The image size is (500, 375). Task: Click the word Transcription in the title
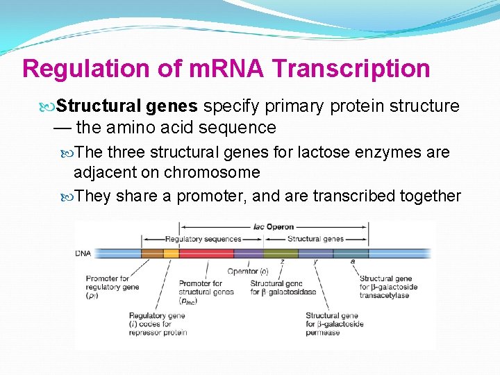click(351, 69)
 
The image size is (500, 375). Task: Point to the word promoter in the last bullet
click(209, 197)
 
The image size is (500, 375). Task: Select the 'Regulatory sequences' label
click(194, 239)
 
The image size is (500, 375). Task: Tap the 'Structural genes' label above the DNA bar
click(315, 239)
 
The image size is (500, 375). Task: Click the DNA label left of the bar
click(83, 253)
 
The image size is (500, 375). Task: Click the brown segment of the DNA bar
click(152, 253)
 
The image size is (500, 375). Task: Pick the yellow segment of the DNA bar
click(171, 253)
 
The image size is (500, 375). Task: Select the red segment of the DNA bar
click(206, 253)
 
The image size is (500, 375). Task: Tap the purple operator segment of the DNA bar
click(248, 253)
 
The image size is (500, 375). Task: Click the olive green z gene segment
click(281, 253)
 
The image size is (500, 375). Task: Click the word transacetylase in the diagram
click(384, 295)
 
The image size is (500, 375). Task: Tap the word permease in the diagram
click(323, 333)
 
